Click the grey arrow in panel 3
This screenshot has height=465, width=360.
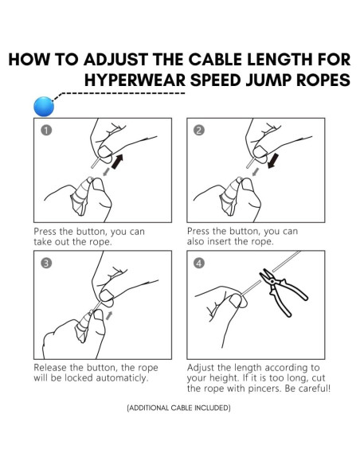(109, 317)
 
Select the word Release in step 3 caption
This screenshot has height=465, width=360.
(53, 368)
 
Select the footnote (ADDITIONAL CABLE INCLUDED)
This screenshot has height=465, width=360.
(179, 408)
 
